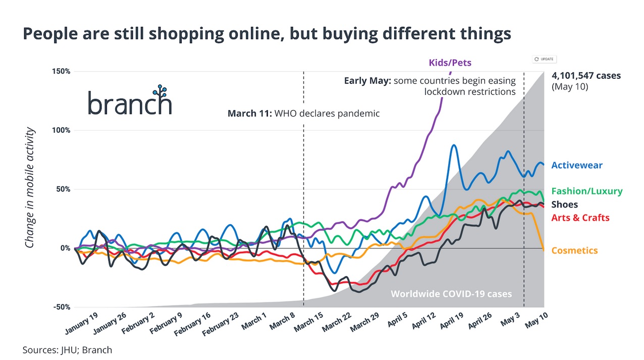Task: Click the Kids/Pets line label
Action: pyautogui.click(x=450, y=63)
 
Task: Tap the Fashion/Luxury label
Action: pyautogui.click(x=586, y=191)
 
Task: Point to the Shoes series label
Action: pyautogui.click(x=564, y=204)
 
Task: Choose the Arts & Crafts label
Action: pyautogui.click(x=580, y=218)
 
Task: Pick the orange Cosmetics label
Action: pyautogui.click(x=574, y=250)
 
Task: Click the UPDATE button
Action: pyautogui.click(x=545, y=59)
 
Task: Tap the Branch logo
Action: pyautogui.click(x=130, y=100)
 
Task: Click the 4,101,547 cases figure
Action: pyautogui.click(x=586, y=76)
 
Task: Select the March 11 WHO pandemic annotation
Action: pyautogui.click(x=303, y=113)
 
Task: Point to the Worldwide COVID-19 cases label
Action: pyautogui.click(x=451, y=294)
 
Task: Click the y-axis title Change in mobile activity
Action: pyautogui.click(x=30, y=188)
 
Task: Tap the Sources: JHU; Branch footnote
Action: pyautogui.click(x=67, y=349)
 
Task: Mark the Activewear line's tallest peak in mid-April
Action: pyautogui.click(x=454, y=145)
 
